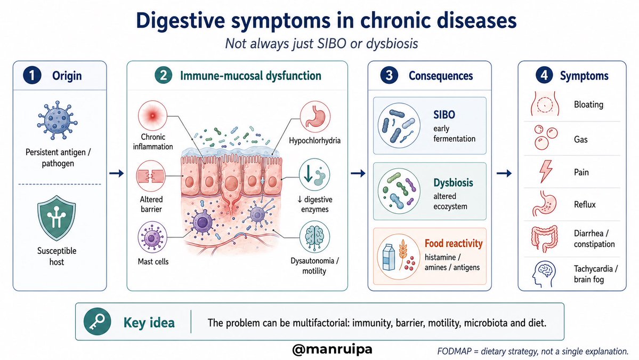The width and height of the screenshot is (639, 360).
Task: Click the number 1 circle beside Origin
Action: tap(32, 75)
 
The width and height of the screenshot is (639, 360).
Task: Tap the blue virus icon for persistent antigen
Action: tap(58, 121)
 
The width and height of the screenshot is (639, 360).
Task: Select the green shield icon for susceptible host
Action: tap(56, 218)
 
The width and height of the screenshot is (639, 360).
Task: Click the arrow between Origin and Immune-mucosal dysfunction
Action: tap(117, 173)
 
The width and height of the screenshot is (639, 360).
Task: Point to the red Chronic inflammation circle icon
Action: tap(152, 115)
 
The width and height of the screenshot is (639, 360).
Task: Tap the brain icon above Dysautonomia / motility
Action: tap(314, 237)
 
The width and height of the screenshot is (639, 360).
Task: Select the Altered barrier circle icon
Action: tap(151, 175)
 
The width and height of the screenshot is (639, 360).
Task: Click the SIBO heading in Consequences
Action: tap(444, 115)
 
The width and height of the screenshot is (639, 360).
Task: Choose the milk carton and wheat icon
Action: tap(398, 255)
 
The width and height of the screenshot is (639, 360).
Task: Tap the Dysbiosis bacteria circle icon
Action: tap(399, 191)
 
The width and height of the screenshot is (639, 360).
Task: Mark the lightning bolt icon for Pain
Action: tap(546, 171)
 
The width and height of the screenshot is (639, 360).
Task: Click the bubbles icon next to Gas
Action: tap(545, 138)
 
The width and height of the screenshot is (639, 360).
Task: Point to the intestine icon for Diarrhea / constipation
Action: tap(544, 238)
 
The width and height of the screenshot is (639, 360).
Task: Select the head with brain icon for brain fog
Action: tap(545, 274)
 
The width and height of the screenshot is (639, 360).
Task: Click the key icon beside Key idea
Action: tap(98, 322)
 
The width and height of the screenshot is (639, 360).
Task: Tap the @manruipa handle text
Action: tap(332, 349)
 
